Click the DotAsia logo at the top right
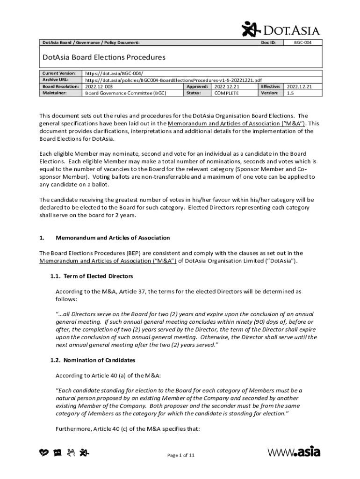coord(281,29)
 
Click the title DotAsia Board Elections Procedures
coord(104,58)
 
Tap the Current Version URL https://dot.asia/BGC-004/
coord(114,73)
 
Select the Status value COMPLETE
coord(226,93)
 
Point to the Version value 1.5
coord(291,93)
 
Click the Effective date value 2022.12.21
coord(299,87)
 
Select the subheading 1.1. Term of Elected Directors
coord(92,276)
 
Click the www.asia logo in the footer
coord(294,452)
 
